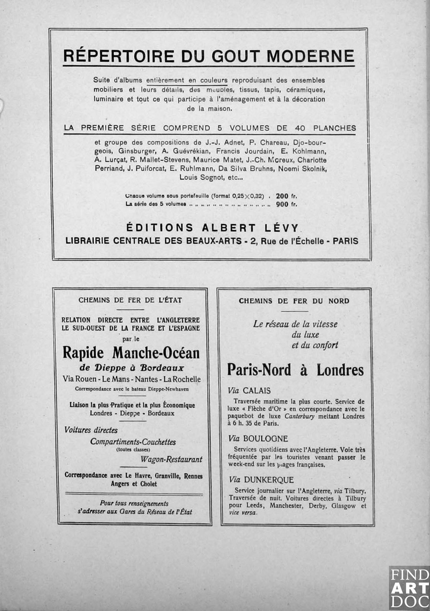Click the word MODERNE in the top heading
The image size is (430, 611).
(310, 56)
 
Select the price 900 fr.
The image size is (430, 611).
(286, 204)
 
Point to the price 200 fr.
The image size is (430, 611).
(286, 196)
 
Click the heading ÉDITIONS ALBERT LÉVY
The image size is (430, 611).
(212, 228)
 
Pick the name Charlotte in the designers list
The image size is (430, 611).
(312, 160)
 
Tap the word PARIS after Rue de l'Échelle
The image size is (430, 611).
(345, 241)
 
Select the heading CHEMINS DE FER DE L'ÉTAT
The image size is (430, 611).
(130, 300)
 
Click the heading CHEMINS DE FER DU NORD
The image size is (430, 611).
(294, 301)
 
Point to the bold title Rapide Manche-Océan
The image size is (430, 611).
(131, 353)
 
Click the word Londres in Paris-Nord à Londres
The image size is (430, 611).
(340, 370)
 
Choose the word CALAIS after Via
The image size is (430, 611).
(256, 391)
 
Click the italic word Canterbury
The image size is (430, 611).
(299, 416)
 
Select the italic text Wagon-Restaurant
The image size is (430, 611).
(171, 459)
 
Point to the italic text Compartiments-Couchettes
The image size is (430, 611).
(133, 442)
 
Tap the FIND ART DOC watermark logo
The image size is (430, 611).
(409, 588)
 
